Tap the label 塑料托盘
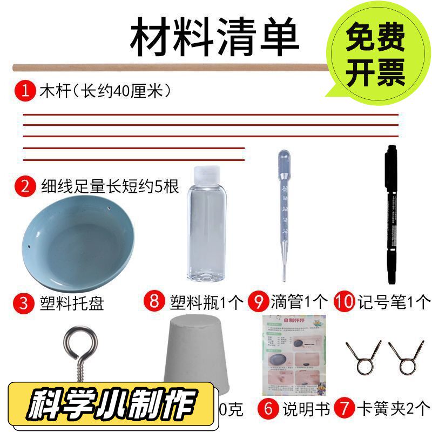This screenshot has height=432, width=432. coord(72,302)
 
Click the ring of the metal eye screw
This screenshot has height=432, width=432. coord(79,338)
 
